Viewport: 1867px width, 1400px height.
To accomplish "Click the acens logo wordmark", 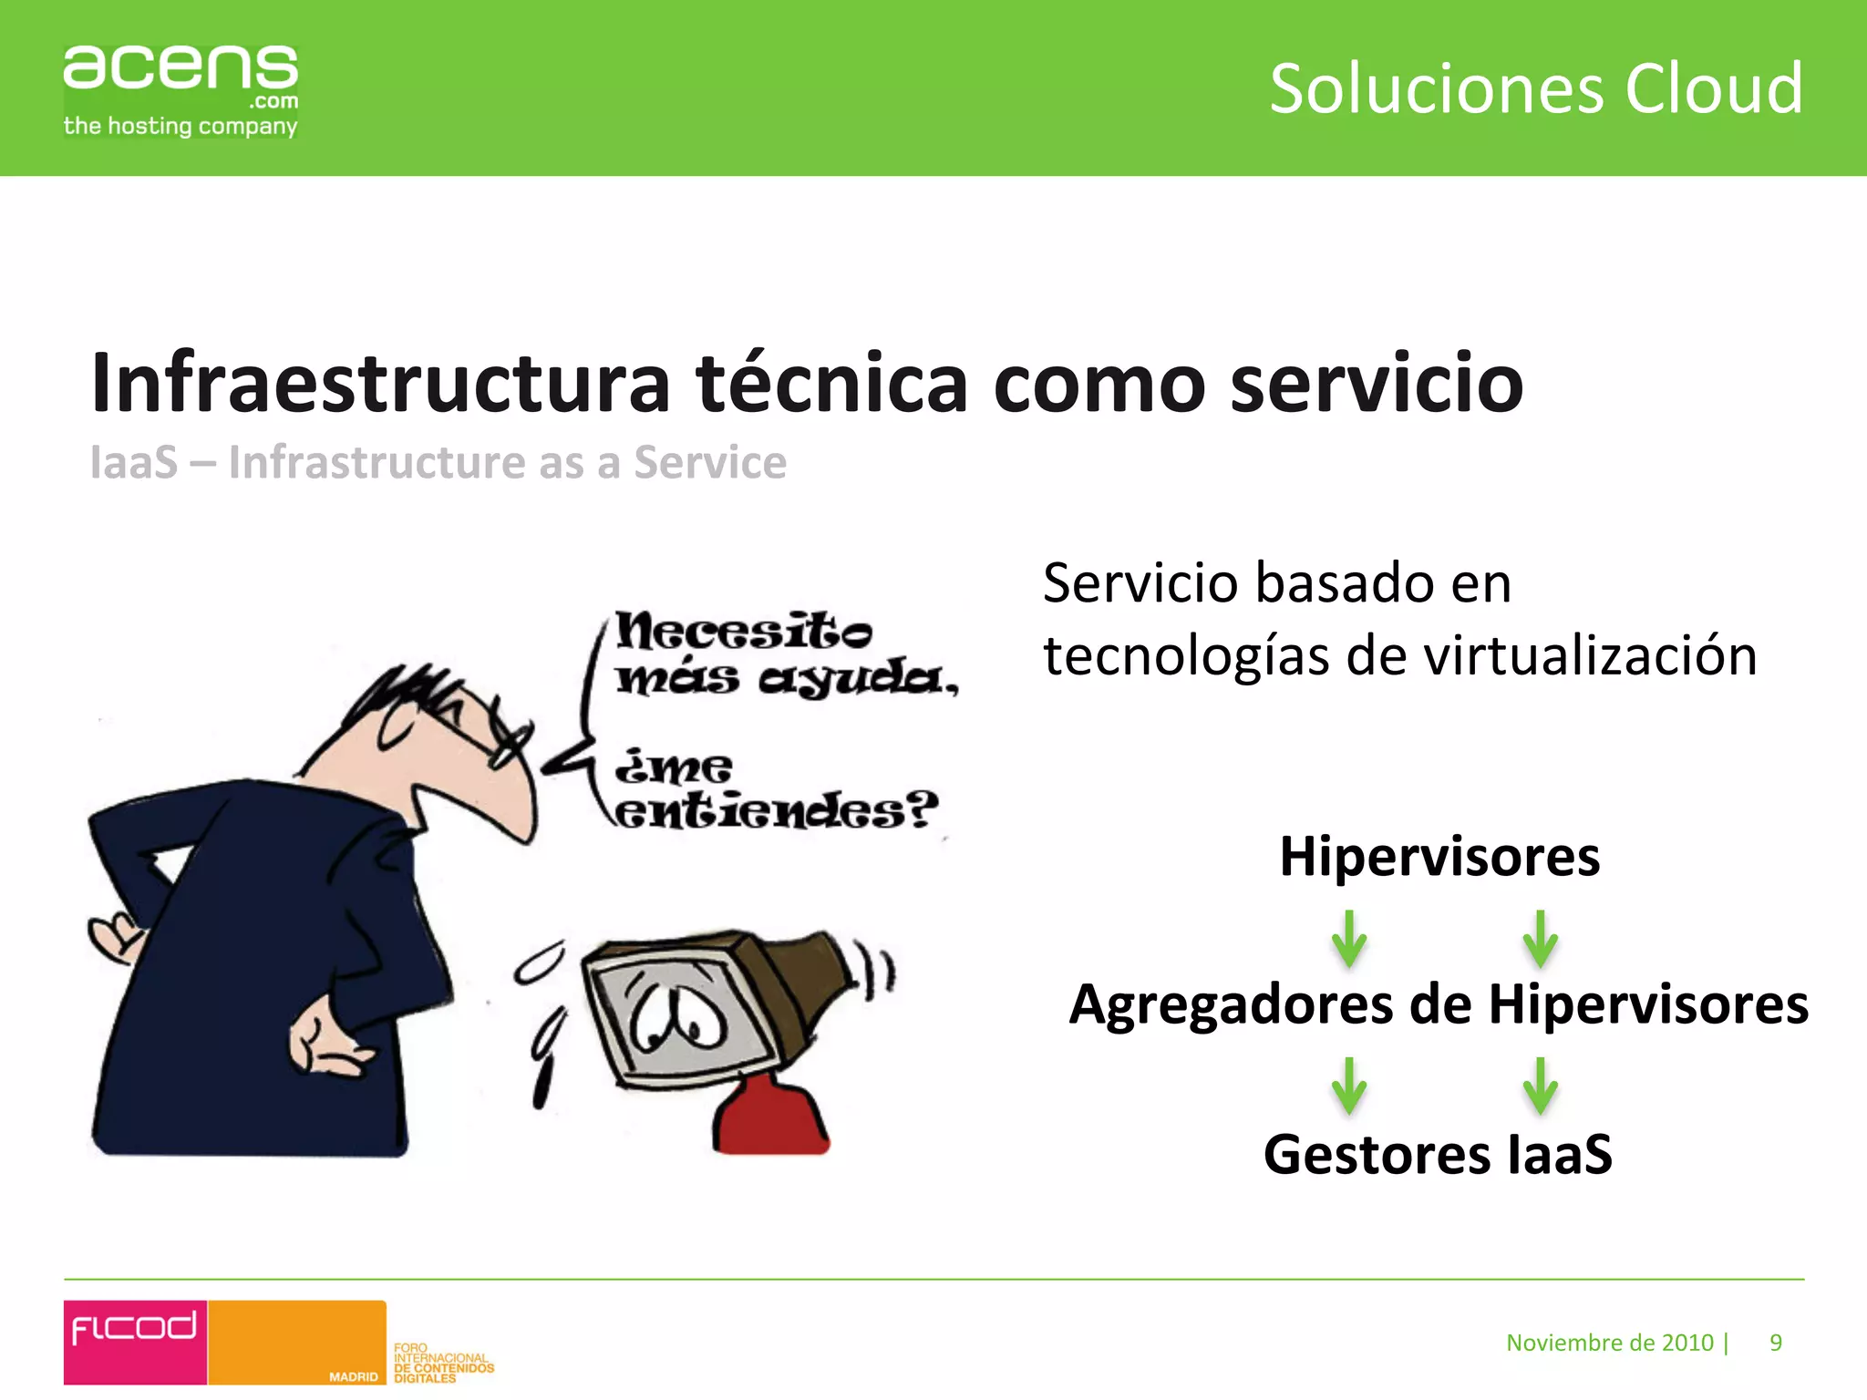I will [181, 69].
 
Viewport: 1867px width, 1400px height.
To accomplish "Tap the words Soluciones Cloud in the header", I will [1536, 89].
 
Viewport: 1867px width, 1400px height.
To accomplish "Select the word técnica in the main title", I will [830, 383].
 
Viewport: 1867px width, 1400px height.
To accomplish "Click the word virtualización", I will [1590, 656].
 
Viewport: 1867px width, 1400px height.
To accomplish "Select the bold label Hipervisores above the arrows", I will [1439, 857].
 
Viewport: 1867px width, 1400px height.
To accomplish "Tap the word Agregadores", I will [1232, 1004].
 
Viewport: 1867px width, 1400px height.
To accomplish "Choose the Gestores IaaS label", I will [1438, 1154].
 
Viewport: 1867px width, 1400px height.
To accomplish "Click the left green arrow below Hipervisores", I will [1349, 939].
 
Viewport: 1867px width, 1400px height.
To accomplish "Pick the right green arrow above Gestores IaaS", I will [1540, 1086].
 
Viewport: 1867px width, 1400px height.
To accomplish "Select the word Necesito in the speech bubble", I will [743, 631].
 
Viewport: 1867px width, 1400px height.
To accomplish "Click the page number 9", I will [1776, 1343].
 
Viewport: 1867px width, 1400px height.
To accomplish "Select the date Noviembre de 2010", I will [1610, 1343].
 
